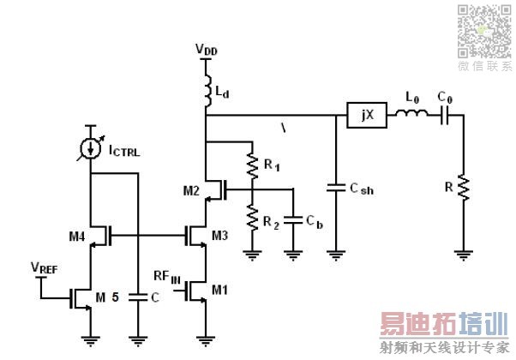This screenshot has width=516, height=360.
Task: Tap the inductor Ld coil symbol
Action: tap(207, 89)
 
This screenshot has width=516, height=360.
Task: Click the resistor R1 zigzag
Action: tap(252, 164)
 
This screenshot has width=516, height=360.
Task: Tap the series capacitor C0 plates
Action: tap(445, 115)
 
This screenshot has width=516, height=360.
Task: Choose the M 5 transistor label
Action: tap(108, 297)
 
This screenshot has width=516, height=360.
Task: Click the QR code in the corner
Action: tap(483, 29)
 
